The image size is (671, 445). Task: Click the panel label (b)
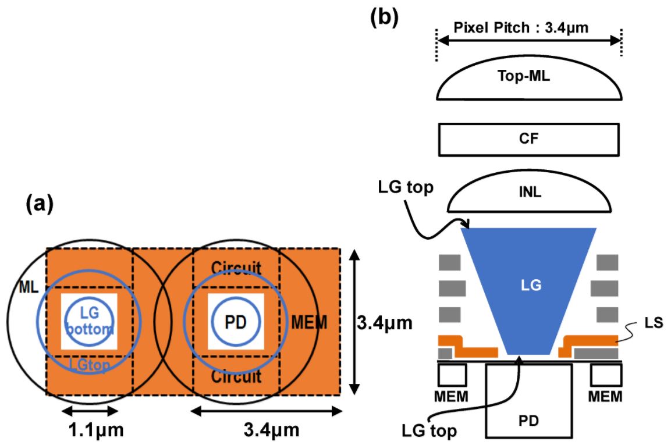point(385,18)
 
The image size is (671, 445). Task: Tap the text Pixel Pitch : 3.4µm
point(528,27)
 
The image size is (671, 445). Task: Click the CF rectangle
point(528,140)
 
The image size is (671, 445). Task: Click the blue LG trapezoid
point(528,285)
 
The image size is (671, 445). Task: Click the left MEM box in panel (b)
point(452,376)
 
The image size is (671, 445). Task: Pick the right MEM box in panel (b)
point(605,376)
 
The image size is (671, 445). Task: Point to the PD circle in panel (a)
point(236,322)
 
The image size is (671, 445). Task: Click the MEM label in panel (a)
point(308,322)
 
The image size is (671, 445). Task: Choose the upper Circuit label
point(236,268)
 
